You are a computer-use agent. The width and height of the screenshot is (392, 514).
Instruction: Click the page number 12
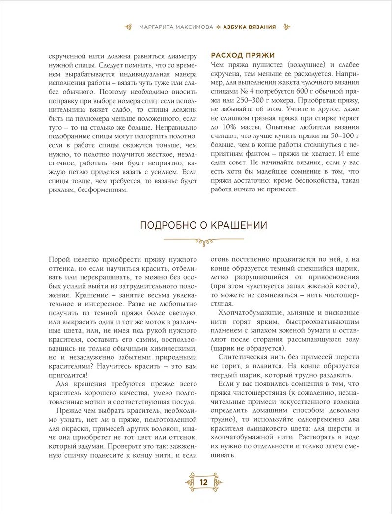pos(203,482)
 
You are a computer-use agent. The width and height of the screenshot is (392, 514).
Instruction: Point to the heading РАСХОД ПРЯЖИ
pos(242,55)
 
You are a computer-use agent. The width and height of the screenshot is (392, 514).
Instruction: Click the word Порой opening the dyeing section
pos(60,259)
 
